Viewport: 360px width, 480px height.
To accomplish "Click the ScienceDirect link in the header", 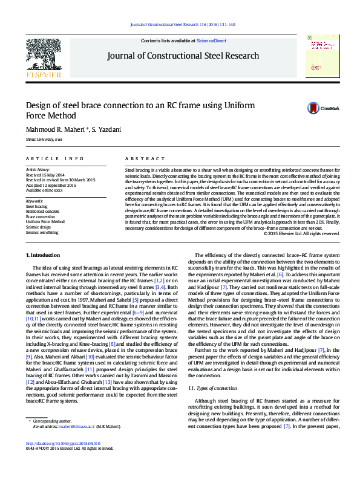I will pos(211,41).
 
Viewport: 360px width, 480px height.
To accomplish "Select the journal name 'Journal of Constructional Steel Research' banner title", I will pos(183,56).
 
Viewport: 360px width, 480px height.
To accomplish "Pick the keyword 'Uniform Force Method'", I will pos(45,221).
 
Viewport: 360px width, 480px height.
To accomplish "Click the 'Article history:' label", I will pos(39,170).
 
